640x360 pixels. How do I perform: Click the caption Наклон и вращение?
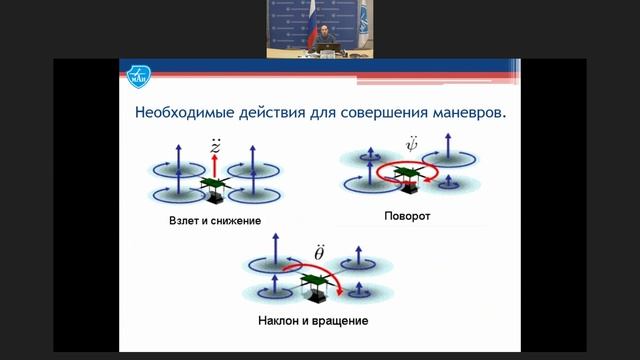311,322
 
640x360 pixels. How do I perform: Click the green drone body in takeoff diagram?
212,185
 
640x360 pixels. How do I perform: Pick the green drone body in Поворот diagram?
406,175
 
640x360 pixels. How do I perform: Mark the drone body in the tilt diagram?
312,284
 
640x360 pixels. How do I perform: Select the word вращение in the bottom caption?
340,322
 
